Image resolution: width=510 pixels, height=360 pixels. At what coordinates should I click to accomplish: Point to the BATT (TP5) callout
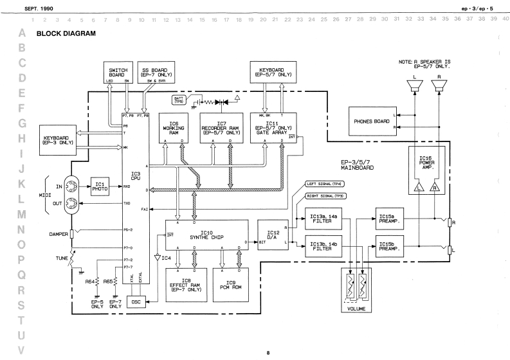click(179, 100)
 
